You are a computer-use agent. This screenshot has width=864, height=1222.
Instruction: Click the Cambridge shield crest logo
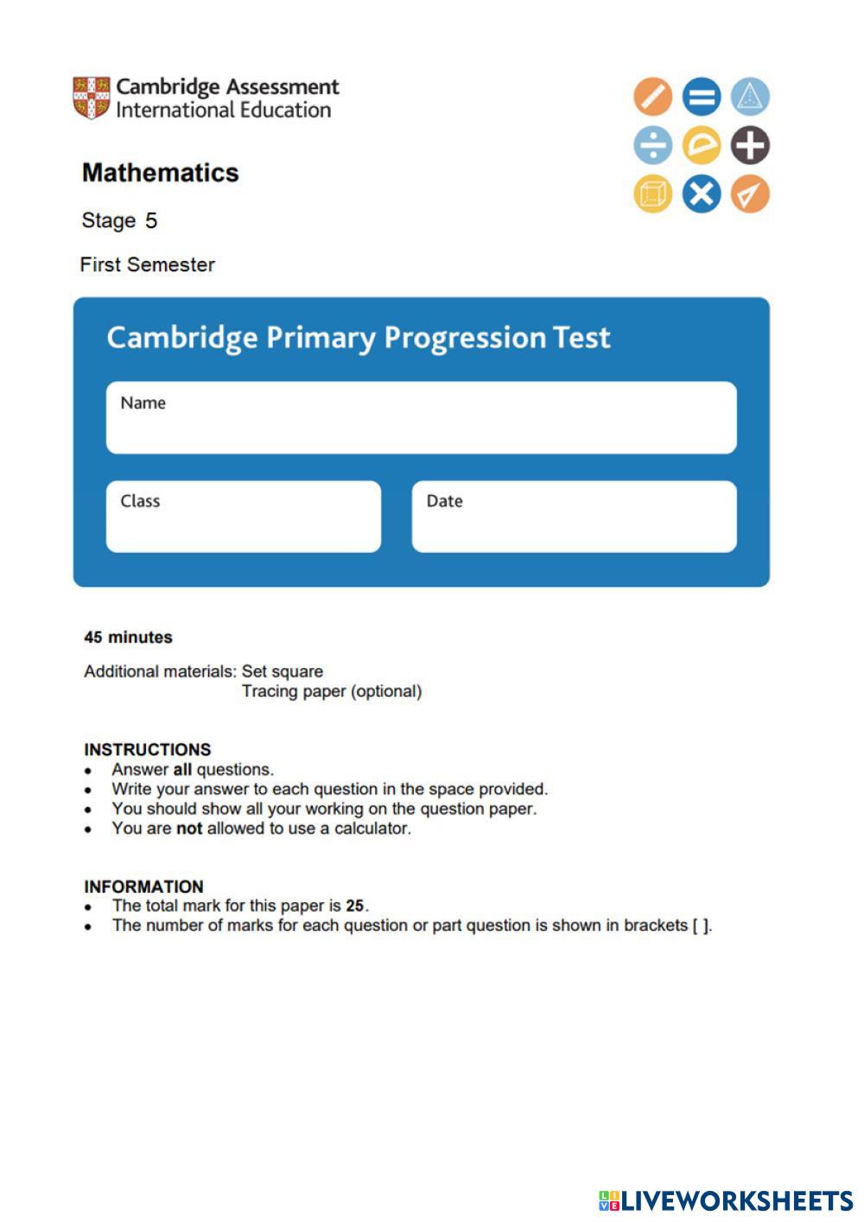[91, 98]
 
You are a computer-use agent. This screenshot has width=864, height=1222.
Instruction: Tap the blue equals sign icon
[701, 96]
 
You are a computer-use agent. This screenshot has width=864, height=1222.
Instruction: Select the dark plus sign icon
[750, 145]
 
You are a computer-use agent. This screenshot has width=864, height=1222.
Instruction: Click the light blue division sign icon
[652, 145]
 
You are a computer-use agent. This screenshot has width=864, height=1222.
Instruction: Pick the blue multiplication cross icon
[701, 194]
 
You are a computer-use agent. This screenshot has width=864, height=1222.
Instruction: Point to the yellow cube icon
[652, 194]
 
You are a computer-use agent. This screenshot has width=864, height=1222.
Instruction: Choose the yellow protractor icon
[701, 145]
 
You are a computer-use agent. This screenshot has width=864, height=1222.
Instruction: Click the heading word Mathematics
[160, 173]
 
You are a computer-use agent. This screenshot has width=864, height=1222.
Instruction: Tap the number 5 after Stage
[151, 221]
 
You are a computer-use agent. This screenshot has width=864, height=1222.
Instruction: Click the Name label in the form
[143, 403]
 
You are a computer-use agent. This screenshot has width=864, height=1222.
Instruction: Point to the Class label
[140, 501]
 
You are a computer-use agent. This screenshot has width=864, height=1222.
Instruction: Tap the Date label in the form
[444, 501]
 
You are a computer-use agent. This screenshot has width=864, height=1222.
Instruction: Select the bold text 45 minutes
[128, 638]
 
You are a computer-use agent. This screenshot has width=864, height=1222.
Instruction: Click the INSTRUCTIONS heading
[147, 749]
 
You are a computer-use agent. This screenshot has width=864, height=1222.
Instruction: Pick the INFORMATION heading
[143, 887]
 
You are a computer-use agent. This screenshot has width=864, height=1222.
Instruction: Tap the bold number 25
[354, 906]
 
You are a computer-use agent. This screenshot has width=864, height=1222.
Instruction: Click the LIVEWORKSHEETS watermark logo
[726, 1200]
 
